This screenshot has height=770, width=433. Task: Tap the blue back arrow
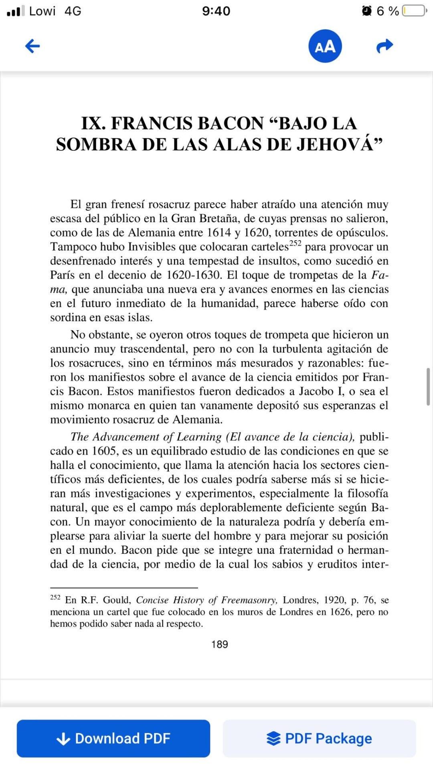click(32, 46)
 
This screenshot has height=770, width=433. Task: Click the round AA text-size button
click(325, 46)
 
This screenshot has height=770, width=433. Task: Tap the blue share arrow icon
click(384, 46)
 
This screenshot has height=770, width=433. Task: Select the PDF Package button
click(320, 738)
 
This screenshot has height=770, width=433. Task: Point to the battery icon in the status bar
click(415, 10)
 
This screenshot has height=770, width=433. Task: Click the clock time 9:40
click(216, 11)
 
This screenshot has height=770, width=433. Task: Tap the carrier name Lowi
click(42, 11)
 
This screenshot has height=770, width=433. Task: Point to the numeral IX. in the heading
click(93, 123)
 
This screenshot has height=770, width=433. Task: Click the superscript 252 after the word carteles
click(295, 243)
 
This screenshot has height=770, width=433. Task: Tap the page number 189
click(220, 644)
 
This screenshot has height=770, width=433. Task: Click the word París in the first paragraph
click(62, 275)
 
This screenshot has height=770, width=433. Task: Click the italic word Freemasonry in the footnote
click(249, 600)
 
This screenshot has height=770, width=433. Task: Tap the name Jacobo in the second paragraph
click(316, 391)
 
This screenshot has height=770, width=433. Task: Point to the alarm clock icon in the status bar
click(366, 11)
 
